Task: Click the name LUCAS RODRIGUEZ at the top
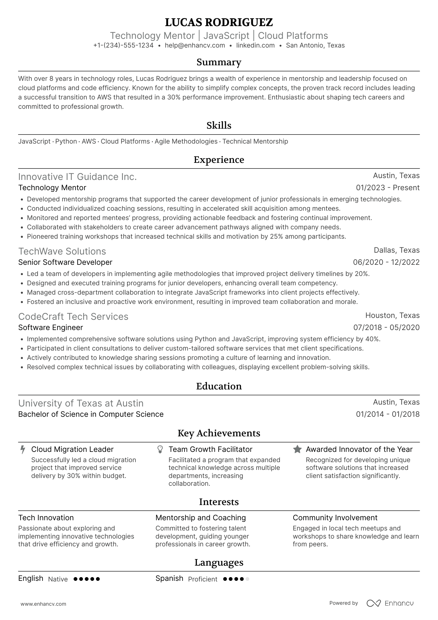point(219,22)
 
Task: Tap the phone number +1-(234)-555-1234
point(123,45)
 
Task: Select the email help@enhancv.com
point(195,45)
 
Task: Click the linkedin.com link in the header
point(255,45)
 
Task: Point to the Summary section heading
point(219,62)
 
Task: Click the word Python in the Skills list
point(66,141)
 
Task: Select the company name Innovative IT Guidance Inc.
point(77,177)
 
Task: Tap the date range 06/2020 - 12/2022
point(386,262)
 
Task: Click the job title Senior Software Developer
point(65,262)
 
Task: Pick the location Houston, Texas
point(392,315)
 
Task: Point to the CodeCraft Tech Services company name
point(73,317)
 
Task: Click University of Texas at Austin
point(81,403)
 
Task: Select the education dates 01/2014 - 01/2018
point(387,414)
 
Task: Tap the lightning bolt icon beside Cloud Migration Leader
point(23,449)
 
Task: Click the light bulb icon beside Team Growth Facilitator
point(160,449)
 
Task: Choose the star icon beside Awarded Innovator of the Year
point(297,449)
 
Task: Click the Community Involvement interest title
point(335,518)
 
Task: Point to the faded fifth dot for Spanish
point(247,579)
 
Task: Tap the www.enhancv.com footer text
point(43,604)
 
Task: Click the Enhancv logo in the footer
point(390,603)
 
